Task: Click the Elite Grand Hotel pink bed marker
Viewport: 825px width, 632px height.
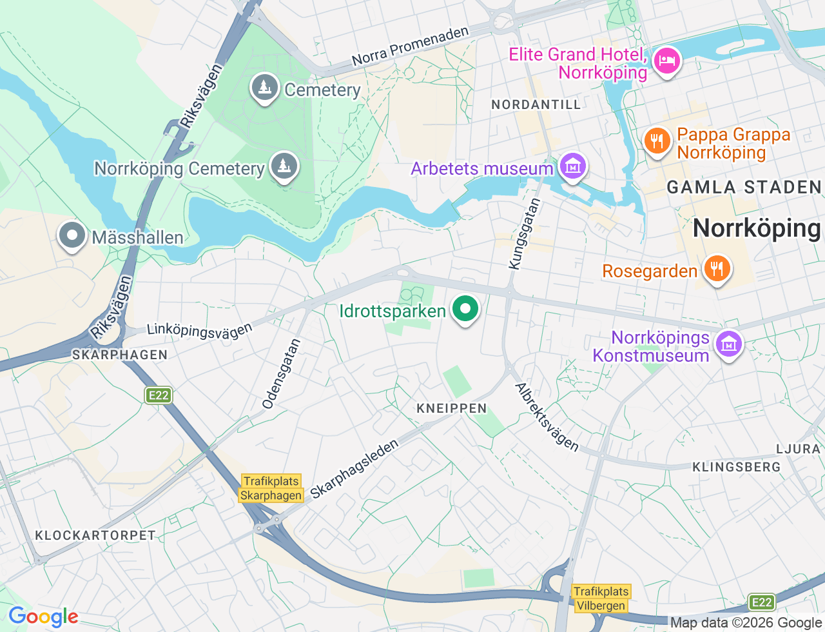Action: click(666, 61)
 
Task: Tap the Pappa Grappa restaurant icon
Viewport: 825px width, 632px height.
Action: click(657, 140)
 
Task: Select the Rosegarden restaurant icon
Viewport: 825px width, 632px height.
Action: click(716, 268)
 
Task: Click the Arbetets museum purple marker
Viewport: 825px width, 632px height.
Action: click(572, 166)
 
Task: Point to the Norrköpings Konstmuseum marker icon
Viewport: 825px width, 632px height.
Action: click(728, 344)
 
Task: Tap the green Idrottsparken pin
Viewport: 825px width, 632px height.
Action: click(465, 308)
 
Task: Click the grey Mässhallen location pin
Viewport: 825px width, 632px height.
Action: click(72, 235)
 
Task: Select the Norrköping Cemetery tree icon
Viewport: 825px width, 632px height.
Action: click(284, 166)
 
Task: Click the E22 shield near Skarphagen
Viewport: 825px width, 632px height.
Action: click(158, 395)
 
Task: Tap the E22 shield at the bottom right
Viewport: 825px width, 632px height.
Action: click(762, 602)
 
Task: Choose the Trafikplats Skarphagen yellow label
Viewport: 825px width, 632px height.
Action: click(271, 488)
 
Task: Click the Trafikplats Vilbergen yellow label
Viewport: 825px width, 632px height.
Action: click(601, 598)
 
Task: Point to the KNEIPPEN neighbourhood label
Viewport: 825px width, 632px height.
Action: click(451, 408)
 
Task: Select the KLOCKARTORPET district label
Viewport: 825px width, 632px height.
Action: click(95, 535)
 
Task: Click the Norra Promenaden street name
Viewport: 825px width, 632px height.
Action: click(410, 47)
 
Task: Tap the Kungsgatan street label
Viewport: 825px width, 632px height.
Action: click(524, 234)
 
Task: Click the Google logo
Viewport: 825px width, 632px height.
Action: click(43, 617)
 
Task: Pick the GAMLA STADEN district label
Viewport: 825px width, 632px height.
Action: click(744, 188)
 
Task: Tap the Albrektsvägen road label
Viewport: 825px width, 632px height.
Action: click(547, 417)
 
